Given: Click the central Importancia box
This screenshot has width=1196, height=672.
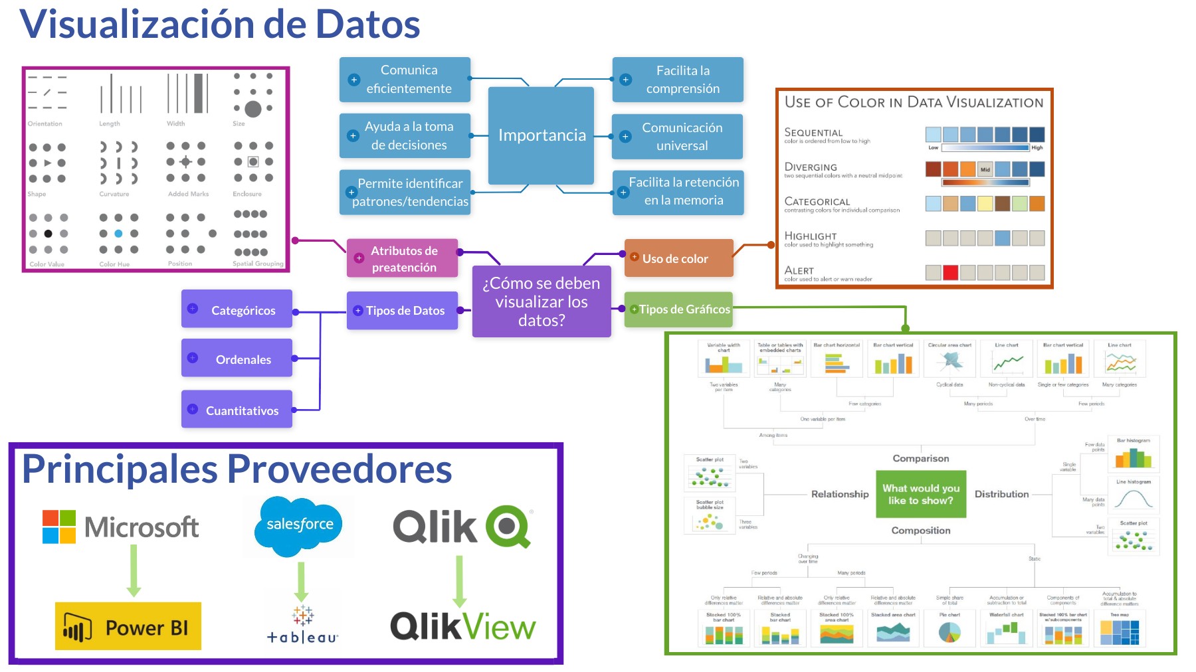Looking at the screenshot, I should pyautogui.click(x=541, y=135).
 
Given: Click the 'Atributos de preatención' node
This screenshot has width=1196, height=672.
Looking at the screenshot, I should pyautogui.click(x=403, y=258).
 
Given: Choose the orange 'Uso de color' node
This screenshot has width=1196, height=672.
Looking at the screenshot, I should pyautogui.click(x=678, y=258).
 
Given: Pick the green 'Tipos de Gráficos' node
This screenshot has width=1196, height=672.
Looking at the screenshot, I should pyautogui.click(x=678, y=309).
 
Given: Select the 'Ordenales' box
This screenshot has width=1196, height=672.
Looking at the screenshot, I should pyautogui.click(x=237, y=359).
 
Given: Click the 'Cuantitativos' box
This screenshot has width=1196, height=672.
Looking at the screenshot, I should pyautogui.click(x=237, y=410).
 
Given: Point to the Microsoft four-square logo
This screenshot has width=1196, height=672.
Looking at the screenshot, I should pyautogui.click(x=59, y=527).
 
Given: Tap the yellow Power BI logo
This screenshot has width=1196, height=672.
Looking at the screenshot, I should pyautogui.click(x=128, y=626).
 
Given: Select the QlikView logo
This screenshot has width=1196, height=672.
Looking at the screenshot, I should pyautogui.click(x=462, y=626).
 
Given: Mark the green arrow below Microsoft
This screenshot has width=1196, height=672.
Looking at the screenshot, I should pyautogui.click(x=134, y=570).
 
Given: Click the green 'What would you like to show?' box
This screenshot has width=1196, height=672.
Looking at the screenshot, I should pyautogui.click(x=921, y=494).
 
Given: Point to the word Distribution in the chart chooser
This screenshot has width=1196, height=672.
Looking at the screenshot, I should pyautogui.click(x=1001, y=494).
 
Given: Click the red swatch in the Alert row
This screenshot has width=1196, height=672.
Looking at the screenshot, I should pyautogui.click(x=951, y=272).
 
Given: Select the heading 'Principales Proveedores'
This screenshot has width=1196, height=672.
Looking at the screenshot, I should pyautogui.click(x=237, y=469).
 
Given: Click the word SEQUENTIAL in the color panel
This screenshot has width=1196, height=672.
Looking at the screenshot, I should pyautogui.click(x=813, y=133).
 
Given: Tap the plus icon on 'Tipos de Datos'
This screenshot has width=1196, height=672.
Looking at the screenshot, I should pyautogui.click(x=358, y=310).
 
